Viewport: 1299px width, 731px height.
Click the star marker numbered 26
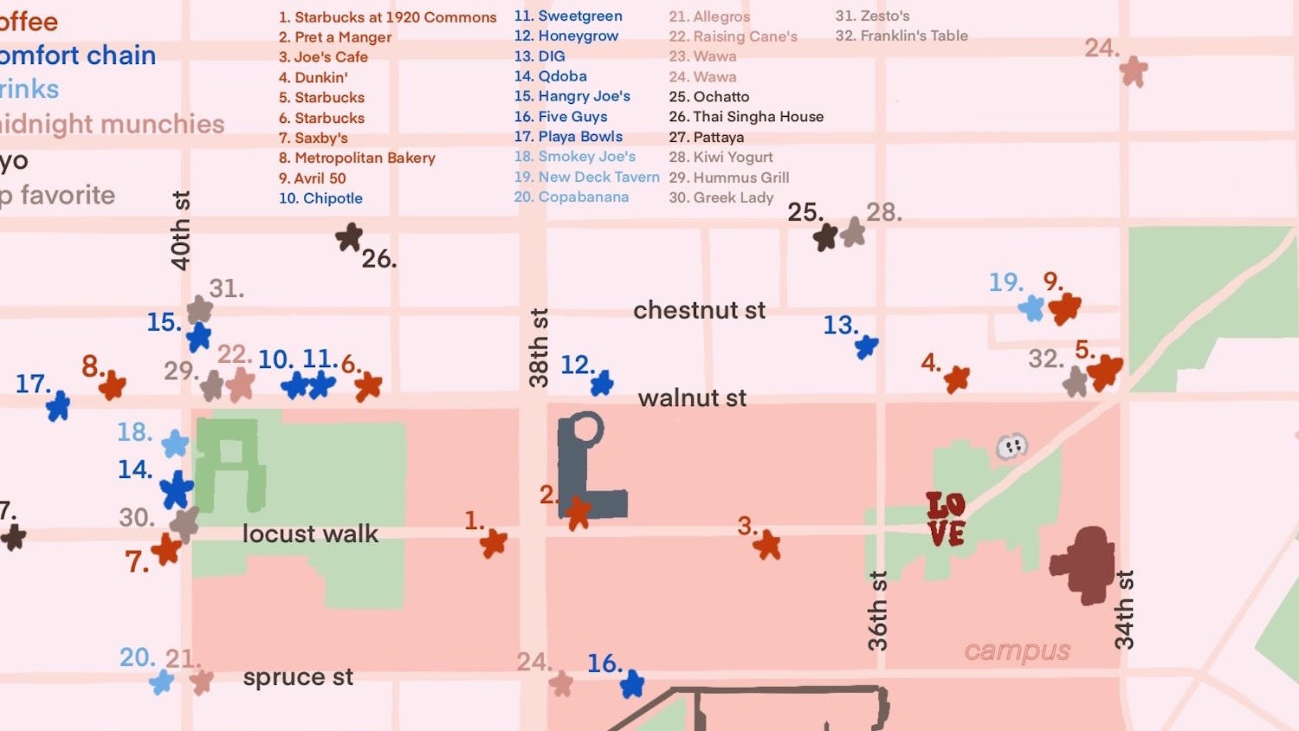(x=349, y=236)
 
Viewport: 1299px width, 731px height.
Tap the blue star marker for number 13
(x=866, y=346)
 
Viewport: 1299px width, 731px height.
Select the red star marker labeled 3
(x=766, y=545)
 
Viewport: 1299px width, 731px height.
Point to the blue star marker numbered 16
(x=632, y=683)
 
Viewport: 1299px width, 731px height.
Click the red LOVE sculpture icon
(x=946, y=519)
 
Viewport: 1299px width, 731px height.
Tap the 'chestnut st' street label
(x=699, y=310)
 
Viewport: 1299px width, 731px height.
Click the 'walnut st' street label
(x=692, y=398)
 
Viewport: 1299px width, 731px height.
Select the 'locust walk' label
(x=310, y=534)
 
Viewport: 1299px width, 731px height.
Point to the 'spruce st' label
(x=298, y=677)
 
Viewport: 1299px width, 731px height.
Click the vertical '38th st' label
(x=539, y=347)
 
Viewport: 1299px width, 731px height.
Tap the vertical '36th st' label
(x=877, y=611)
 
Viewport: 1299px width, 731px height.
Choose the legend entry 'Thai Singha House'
(x=746, y=117)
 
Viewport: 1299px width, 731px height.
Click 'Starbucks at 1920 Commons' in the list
(x=388, y=17)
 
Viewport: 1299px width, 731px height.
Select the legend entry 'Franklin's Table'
(x=902, y=36)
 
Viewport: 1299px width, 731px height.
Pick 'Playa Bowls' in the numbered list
(x=569, y=137)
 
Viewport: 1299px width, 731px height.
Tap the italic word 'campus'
(x=1018, y=651)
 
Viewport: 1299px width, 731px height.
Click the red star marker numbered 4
(x=957, y=378)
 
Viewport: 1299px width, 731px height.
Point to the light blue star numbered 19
(x=1031, y=307)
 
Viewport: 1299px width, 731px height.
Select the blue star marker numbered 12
(x=602, y=382)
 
